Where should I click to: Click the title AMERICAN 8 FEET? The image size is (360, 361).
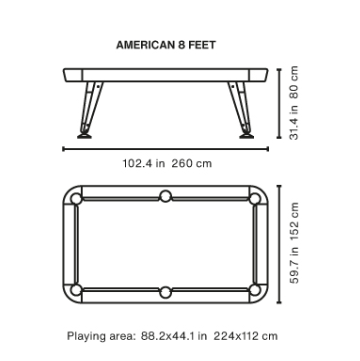166,45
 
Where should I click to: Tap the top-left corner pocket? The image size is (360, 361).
76,199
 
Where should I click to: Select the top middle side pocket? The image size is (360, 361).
165,196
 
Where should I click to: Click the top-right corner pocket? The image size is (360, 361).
254,199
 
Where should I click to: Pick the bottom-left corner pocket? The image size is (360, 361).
76,290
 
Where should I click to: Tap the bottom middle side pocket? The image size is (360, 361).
165,292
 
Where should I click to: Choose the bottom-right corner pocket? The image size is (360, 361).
254,290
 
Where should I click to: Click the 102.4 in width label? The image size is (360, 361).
144,164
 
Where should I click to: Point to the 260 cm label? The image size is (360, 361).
192,164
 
